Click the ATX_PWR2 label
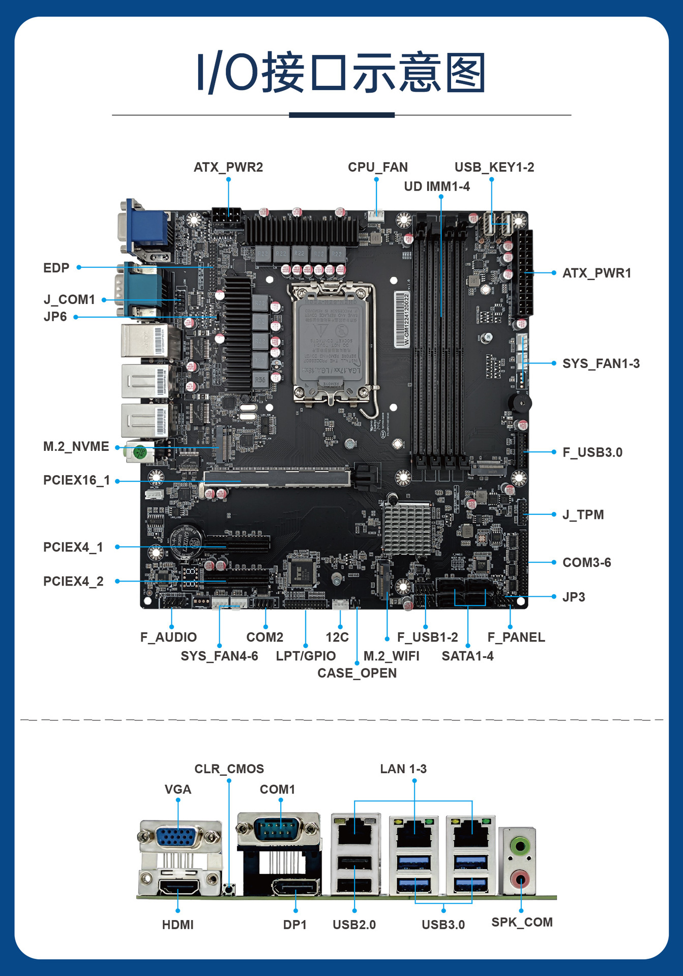228,167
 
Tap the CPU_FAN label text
377,167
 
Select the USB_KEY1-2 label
494,167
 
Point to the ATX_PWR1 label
597,273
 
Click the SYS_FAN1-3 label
601,363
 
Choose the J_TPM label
583,514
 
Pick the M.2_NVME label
76,446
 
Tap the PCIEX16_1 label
76,480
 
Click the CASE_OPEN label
357,673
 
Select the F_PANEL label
516,637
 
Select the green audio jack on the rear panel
520,846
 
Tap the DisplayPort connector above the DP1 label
295,888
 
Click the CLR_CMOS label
229,769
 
